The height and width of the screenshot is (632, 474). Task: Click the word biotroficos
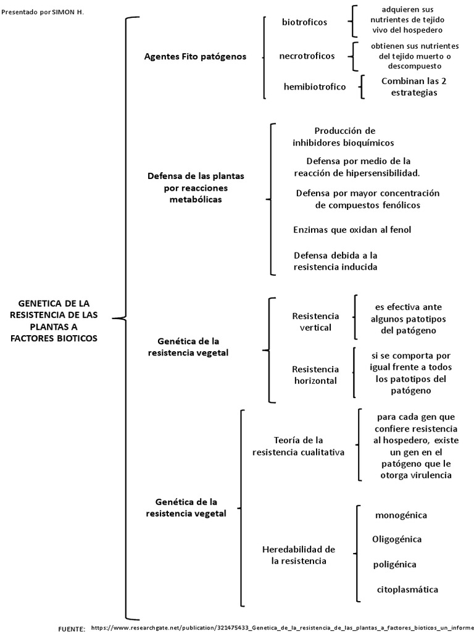tap(304, 22)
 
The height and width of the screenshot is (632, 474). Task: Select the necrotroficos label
tap(307, 56)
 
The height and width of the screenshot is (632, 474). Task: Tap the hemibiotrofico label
tap(314, 86)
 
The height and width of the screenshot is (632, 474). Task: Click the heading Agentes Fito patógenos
tap(195, 56)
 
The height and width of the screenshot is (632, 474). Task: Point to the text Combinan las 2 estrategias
tap(409, 86)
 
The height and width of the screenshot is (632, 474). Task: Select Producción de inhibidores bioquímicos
tap(344, 136)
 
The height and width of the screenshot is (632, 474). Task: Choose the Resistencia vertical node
tap(315, 322)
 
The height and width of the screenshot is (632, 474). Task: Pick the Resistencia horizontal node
tap(315, 375)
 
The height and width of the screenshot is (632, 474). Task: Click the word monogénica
tap(401, 515)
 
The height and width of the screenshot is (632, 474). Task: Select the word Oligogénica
tap(397, 539)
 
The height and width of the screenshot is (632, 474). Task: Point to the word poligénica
tap(394, 564)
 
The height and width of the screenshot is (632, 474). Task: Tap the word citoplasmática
tap(407, 589)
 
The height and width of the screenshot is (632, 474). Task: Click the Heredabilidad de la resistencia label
tap(299, 555)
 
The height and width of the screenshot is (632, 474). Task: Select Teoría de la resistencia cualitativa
tap(299, 446)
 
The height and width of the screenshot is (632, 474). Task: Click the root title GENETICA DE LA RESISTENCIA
tap(54, 321)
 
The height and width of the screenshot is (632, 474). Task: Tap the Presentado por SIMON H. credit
tap(43, 12)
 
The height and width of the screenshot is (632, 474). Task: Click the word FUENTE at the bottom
tap(71, 628)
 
